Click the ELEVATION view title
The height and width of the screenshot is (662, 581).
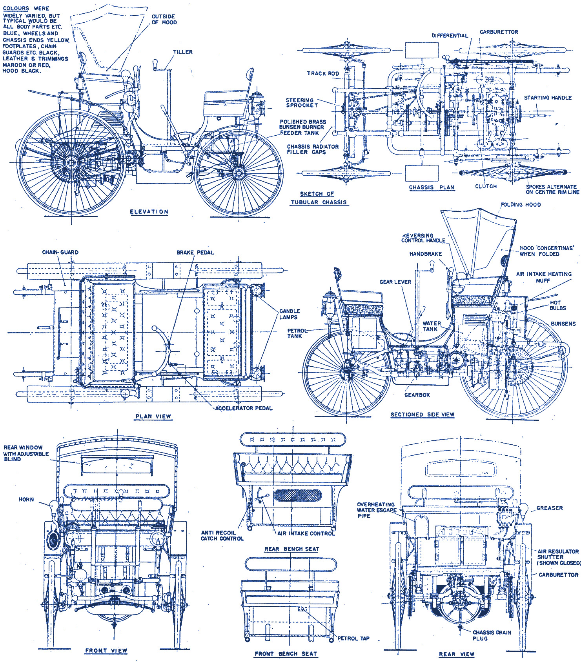pos(149,212)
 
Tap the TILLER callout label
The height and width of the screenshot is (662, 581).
pos(183,52)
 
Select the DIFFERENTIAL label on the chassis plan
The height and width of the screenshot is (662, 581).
pos(450,36)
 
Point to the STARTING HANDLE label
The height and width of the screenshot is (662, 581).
pos(548,98)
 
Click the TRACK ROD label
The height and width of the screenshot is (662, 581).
pos(323,73)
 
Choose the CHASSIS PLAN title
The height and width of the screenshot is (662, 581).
pos(432,187)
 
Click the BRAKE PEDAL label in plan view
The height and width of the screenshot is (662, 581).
pos(195,253)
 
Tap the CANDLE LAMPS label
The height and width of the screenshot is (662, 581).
pos(290,314)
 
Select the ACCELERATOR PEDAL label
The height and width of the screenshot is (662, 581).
pos(244,408)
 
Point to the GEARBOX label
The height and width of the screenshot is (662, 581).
pos(417,395)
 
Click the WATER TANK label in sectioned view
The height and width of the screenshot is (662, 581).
pos(432,326)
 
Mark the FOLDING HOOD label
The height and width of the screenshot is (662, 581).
pos(521,205)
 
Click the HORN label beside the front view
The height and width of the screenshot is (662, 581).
pos(26,500)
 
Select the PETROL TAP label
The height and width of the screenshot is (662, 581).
pos(353,638)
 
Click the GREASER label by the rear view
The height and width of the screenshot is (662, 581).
pos(549,508)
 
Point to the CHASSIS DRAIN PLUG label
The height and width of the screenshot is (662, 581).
pos(491,635)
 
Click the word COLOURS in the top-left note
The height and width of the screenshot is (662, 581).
pos(16,8)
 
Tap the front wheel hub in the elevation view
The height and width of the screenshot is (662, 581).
pos(238,173)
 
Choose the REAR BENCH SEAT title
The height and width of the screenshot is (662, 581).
pos(291,549)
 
